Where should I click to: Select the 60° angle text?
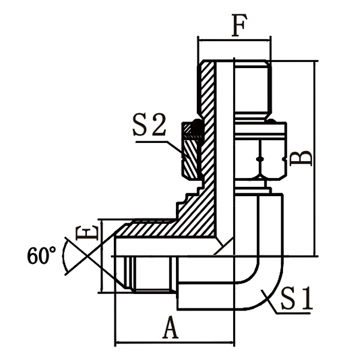pyautogui.click(x=41, y=256)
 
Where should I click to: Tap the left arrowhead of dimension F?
pyautogui.click(x=201, y=40)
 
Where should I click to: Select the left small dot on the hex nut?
pyautogui.click(x=258, y=159)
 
